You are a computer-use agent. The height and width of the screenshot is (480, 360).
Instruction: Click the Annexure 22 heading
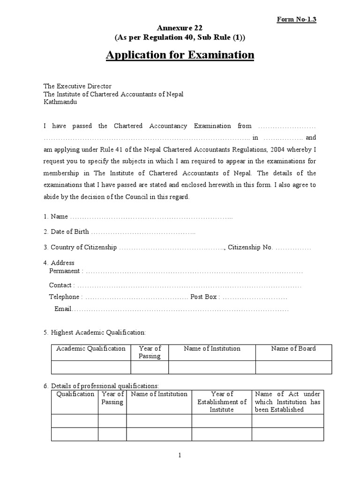[180, 28]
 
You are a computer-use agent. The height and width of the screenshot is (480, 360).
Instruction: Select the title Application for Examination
[180, 55]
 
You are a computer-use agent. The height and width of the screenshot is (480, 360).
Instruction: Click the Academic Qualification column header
[91, 348]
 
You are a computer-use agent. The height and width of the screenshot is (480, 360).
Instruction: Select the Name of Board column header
[293, 348]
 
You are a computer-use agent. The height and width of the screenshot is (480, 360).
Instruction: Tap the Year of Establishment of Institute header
[222, 402]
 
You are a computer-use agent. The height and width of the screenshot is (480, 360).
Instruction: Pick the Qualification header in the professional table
[75, 394]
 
